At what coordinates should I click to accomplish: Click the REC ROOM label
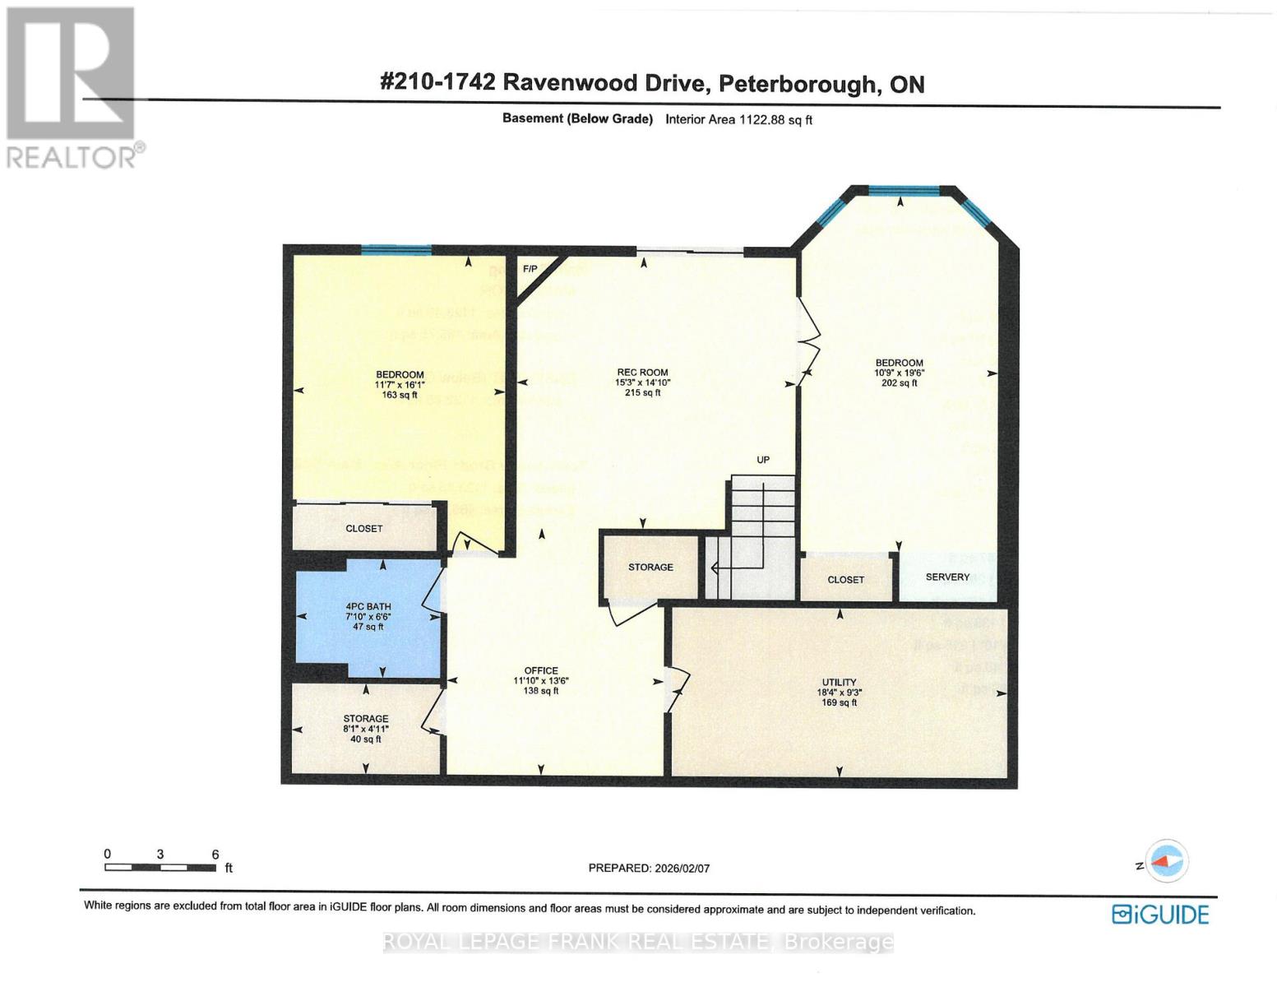coord(642,372)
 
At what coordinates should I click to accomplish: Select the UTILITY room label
coord(839,682)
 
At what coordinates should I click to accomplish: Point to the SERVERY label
coord(947,577)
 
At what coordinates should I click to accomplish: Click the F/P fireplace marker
coord(530,269)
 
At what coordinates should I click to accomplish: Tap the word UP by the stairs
coord(763,460)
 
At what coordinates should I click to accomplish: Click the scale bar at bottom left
coord(160,867)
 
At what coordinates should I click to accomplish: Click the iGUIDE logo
coord(1159,915)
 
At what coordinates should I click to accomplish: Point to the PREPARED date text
coord(649,868)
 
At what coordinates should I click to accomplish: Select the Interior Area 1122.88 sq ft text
coord(738,119)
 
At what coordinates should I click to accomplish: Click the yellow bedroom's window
coord(396,250)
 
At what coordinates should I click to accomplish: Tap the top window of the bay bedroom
coord(904,192)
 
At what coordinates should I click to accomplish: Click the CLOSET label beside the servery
coord(845,580)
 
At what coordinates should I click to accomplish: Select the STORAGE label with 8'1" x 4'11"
coord(366,719)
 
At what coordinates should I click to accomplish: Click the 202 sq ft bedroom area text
coord(899,382)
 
